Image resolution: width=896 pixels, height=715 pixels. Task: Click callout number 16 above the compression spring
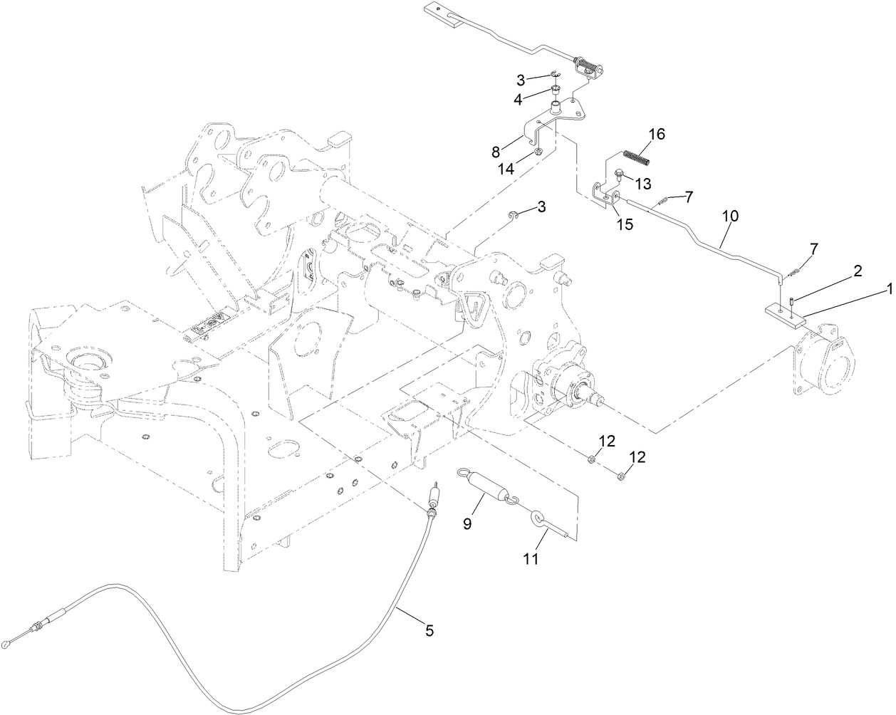pos(655,134)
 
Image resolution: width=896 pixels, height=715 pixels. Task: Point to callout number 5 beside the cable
pos(429,630)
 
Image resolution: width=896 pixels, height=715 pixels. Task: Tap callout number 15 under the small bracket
pos(624,224)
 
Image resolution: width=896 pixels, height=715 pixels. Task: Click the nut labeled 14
pos(538,151)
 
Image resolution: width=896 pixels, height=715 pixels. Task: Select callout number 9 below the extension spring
pos(467,524)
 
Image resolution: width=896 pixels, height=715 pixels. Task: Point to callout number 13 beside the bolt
pos(642,184)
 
